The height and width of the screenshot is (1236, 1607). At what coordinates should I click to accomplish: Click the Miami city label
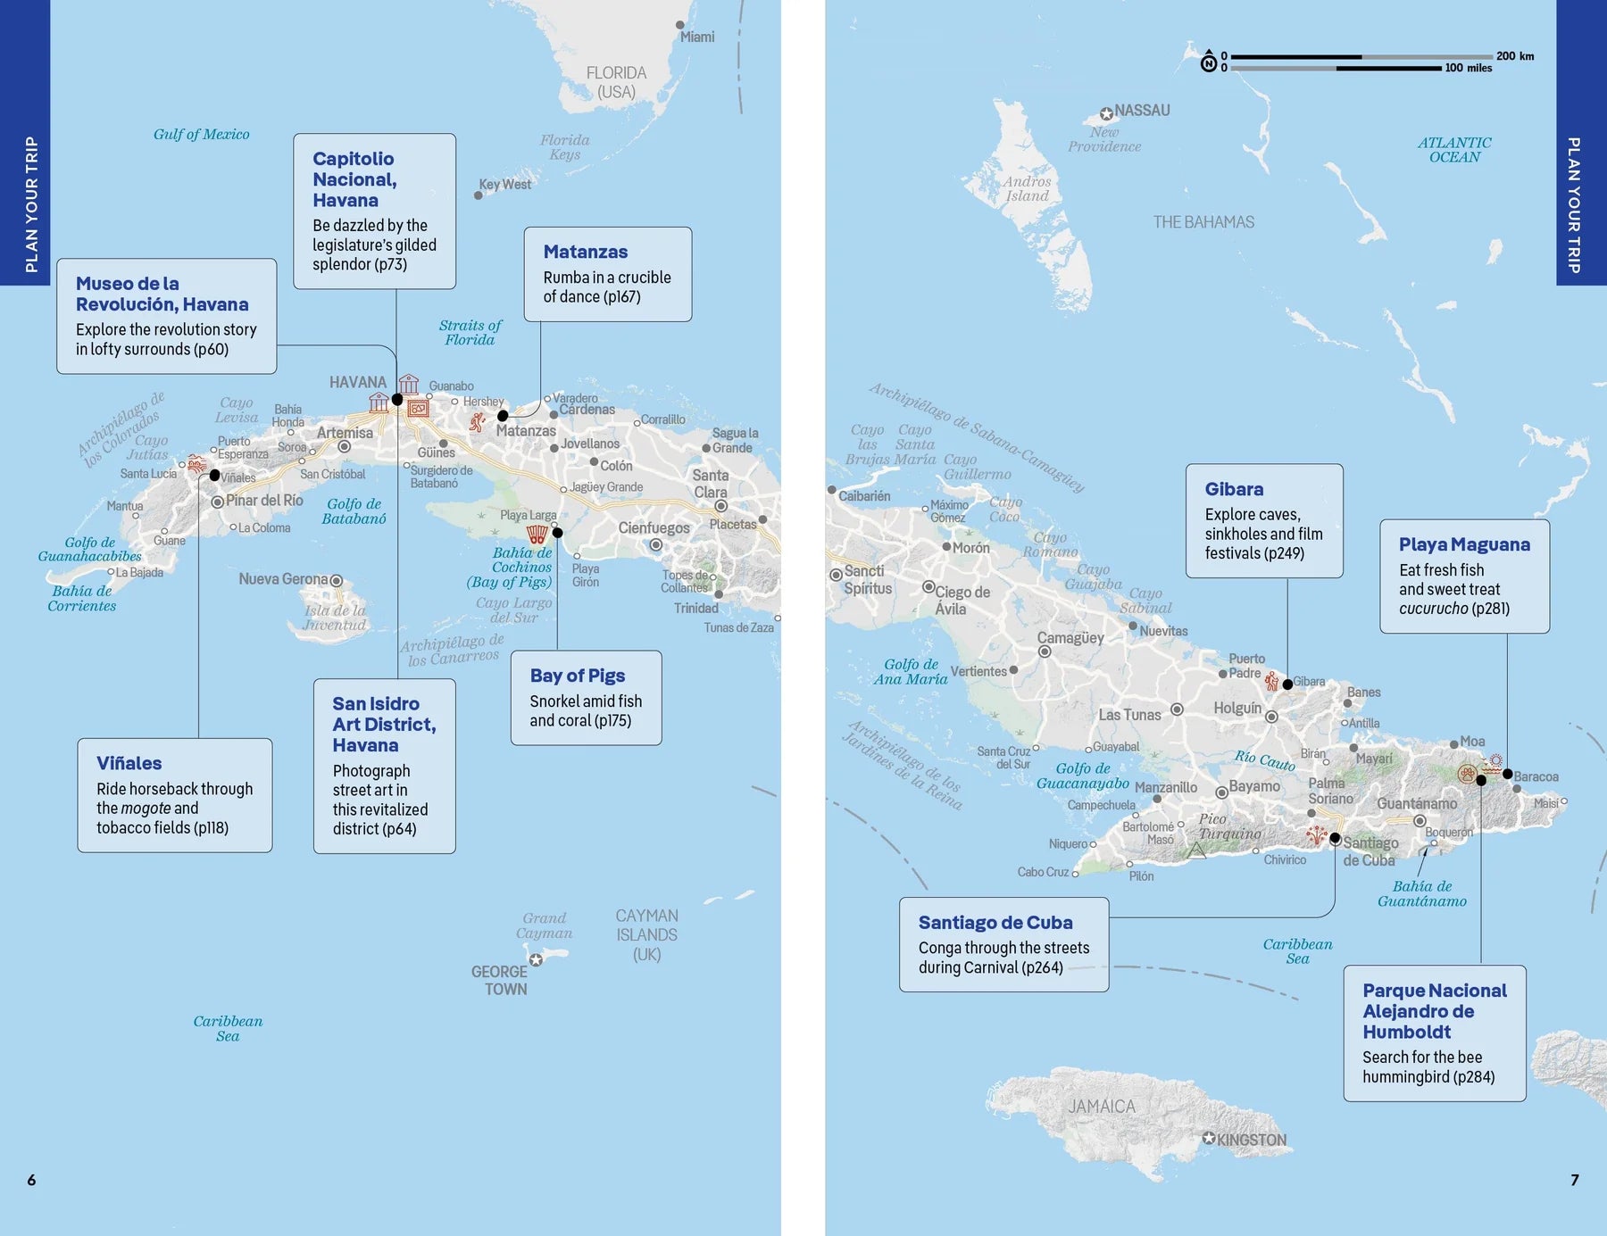tap(696, 37)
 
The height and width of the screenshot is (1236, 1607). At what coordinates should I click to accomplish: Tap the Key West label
tap(504, 185)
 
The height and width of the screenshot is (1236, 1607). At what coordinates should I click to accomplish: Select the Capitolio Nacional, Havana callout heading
tap(354, 179)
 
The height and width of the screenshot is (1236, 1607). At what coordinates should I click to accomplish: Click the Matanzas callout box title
tap(585, 252)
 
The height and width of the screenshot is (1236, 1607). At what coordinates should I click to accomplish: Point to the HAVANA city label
tap(357, 382)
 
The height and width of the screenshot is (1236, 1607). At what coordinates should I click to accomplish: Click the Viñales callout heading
tap(129, 763)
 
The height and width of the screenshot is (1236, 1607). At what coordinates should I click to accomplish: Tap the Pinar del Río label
tap(264, 501)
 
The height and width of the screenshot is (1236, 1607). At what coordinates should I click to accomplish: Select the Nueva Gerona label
tap(283, 579)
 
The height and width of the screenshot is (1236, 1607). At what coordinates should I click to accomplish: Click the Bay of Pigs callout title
tap(577, 676)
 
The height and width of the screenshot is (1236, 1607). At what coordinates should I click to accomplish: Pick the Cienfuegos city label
tap(654, 527)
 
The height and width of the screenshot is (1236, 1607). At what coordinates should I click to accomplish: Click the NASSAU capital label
tap(1141, 111)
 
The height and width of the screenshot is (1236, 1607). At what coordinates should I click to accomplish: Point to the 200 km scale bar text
tap(1515, 55)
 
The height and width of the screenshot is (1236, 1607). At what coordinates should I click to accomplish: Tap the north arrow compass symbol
tap(1209, 61)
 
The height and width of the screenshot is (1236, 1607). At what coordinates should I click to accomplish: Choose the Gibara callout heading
tap(1234, 489)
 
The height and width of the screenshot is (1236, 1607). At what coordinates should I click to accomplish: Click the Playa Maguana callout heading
tap(1464, 544)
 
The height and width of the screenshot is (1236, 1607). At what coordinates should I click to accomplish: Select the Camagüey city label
tap(1070, 638)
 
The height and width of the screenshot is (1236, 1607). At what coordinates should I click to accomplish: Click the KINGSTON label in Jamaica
tap(1251, 1141)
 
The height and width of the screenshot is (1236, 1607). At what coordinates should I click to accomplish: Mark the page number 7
tap(1575, 1180)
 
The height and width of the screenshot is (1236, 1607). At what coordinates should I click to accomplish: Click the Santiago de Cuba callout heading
tap(995, 923)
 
